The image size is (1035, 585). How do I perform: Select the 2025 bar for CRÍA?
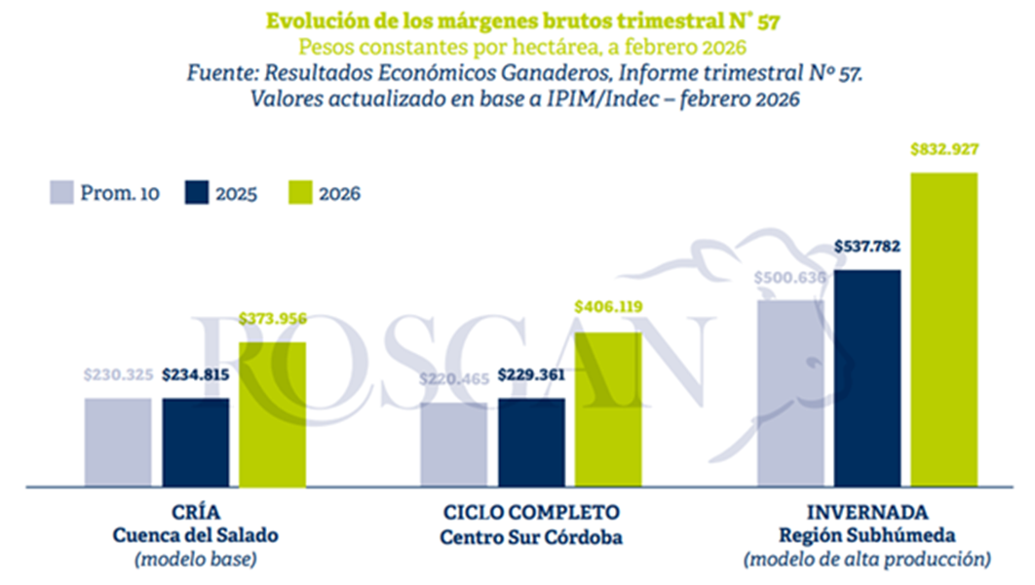(196, 441)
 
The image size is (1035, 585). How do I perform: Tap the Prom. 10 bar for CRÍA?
(118, 441)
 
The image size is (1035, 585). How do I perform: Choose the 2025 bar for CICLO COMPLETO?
(531, 441)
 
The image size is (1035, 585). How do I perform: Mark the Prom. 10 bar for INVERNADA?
(790, 392)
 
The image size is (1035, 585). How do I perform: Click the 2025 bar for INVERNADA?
(867, 376)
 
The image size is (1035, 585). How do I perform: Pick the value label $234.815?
(196, 375)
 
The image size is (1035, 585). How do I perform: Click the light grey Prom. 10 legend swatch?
(63, 192)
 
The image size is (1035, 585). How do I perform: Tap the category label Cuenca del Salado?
(196, 535)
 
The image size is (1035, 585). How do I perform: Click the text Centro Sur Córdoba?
(530, 535)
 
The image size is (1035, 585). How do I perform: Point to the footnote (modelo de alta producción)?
(866, 560)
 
